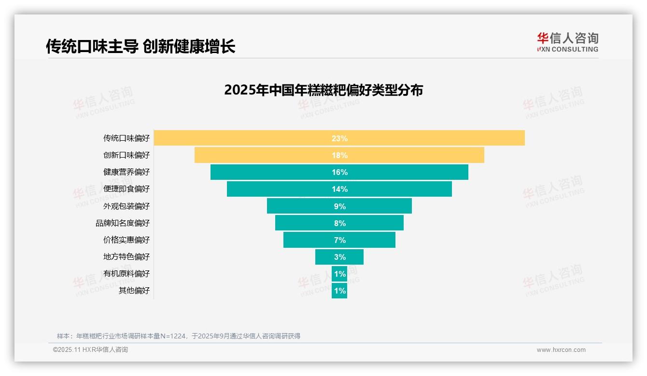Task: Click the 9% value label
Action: pyautogui.click(x=339, y=206)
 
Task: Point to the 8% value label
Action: pyautogui.click(x=339, y=223)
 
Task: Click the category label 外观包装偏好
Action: pyautogui.click(x=127, y=206)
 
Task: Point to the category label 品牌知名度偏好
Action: pyautogui.click(x=123, y=223)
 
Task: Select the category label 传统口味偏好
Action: pyautogui.click(x=127, y=138)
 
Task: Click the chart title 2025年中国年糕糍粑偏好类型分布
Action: pyautogui.click(x=323, y=90)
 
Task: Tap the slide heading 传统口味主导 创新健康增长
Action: pyautogui.click(x=141, y=47)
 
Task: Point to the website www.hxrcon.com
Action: pyautogui.click(x=561, y=350)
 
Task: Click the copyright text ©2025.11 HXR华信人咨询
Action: pyautogui.click(x=90, y=350)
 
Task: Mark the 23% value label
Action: pyautogui.click(x=339, y=138)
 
